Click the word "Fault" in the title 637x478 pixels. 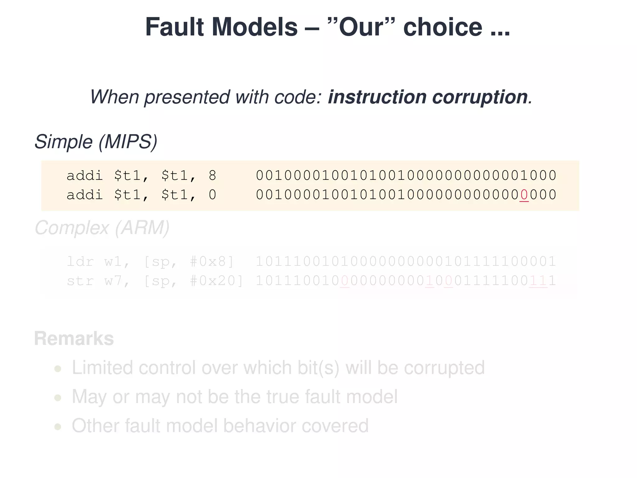(174, 27)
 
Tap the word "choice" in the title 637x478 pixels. (443, 27)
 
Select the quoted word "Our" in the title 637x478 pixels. (361, 27)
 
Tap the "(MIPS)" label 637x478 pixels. (128, 142)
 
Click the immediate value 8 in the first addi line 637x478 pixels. (212, 176)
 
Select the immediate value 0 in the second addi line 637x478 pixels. (212, 195)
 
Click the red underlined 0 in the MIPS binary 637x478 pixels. (524, 195)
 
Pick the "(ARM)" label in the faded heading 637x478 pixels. (142, 228)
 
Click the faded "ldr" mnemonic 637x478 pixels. (80, 261)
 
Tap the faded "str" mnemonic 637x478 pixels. (80, 281)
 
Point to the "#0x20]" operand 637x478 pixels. (217, 281)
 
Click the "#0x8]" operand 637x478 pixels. (212, 261)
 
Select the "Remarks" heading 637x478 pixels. (74, 339)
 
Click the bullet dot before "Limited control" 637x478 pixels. (58, 369)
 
